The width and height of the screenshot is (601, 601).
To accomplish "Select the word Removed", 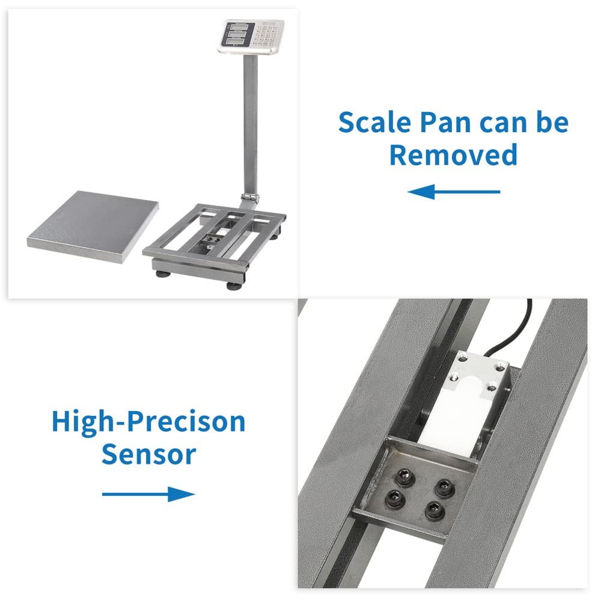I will pyautogui.click(x=453, y=154).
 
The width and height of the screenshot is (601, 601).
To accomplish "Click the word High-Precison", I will pyautogui.click(x=148, y=421).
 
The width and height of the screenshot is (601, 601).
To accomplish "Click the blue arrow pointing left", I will pyautogui.click(x=454, y=192).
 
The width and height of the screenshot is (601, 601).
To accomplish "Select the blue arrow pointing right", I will pyautogui.click(x=148, y=495).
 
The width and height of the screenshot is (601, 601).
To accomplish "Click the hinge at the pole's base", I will pyautogui.click(x=249, y=197).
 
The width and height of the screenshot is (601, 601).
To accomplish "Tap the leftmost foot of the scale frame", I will pyautogui.click(x=162, y=273).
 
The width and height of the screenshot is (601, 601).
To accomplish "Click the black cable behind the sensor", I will pyautogui.click(x=511, y=337).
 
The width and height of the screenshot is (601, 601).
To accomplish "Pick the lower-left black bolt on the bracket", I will pyautogui.click(x=395, y=496).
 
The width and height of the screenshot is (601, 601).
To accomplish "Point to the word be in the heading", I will pyautogui.click(x=552, y=122).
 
